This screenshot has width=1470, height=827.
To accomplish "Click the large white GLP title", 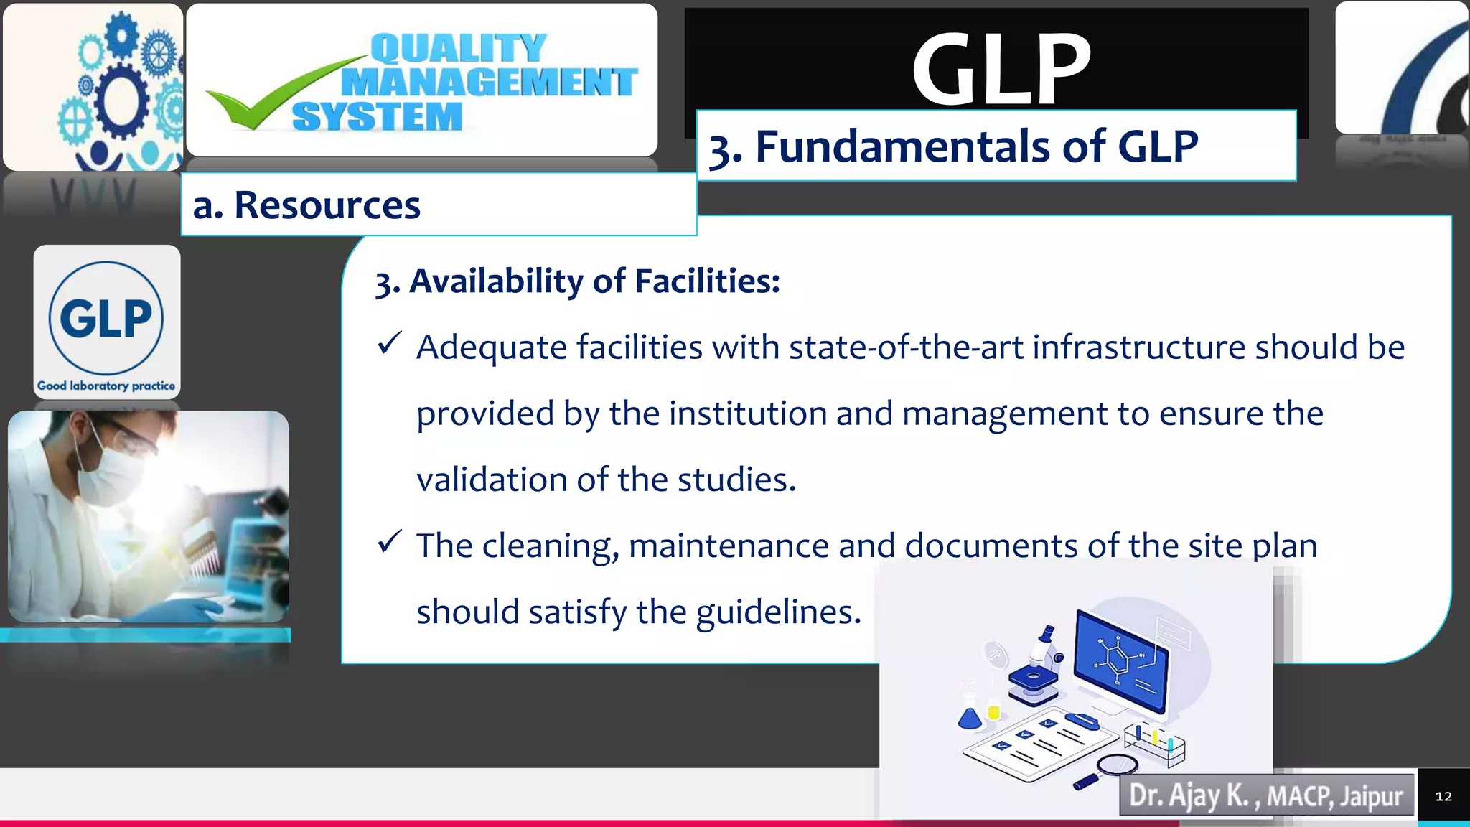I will tap(1001, 70).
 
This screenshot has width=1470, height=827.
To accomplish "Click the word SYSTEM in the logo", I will tap(378, 117).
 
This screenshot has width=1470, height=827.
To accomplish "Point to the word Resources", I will tap(327, 206).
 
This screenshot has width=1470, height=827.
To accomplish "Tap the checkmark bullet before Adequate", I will tap(389, 344).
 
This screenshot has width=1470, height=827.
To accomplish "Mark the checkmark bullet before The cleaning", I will tap(389, 542).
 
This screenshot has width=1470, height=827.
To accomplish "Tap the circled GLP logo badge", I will tap(106, 318).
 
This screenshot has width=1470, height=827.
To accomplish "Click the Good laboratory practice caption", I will tap(106, 386).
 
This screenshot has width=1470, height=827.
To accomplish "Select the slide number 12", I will tap(1443, 796).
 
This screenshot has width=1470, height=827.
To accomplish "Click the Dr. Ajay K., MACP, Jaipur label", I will tap(1265, 795).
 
